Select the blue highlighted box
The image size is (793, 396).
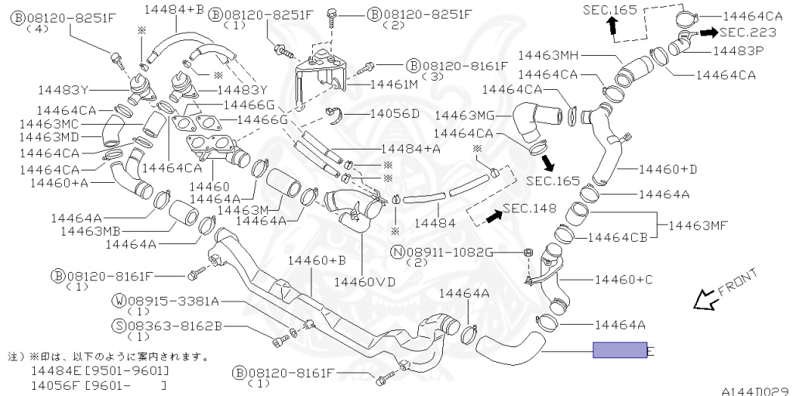[x=620, y=350]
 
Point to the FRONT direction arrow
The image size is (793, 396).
[x=705, y=298]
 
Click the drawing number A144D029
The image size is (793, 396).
[x=755, y=391]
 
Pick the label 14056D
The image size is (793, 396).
[x=394, y=114]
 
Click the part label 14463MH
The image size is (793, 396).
[x=549, y=55]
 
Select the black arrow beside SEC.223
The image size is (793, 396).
[x=709, y=33]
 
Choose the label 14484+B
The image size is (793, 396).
[x=173, y=9]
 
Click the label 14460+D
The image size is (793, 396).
[x=668, y=168]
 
